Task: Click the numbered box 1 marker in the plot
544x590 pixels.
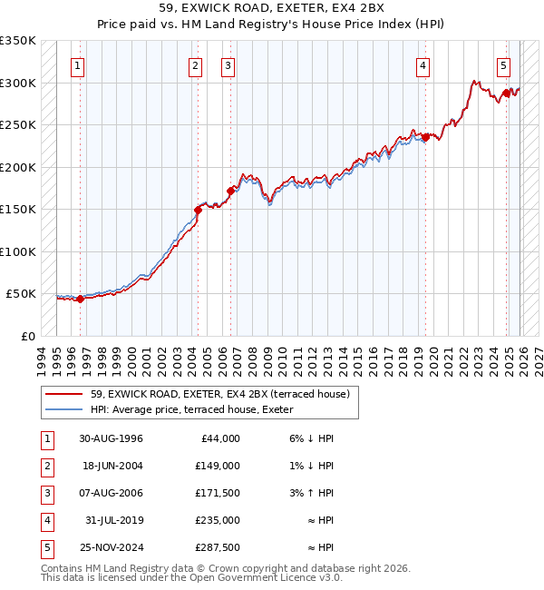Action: coord(79,65)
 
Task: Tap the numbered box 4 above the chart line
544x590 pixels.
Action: coord(423,65)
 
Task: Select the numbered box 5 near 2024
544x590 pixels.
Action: coord(503,65)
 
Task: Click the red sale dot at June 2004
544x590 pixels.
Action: coord(197,210)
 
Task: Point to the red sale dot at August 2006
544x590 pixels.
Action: coord(230,191)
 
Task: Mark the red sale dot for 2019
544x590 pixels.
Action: coord(424,137)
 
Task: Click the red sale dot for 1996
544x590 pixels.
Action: coord(80,299)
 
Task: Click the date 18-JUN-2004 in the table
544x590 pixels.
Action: coord(111,466)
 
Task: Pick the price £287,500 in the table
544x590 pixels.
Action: coord(218,547)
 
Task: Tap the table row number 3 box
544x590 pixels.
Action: coord(45,493)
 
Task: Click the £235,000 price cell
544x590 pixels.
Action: coord(218,520)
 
